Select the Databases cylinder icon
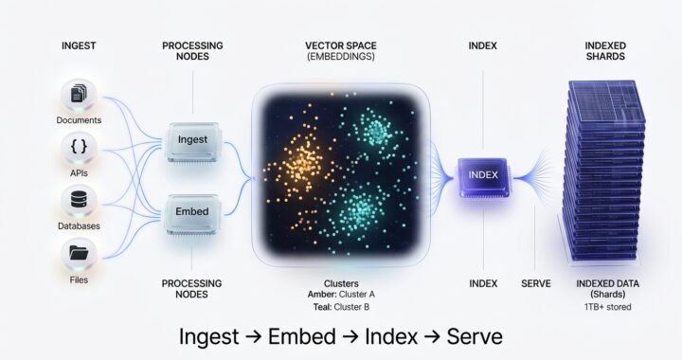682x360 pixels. pyautogui.click(x=78, y=201)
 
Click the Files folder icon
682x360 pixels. pyautogui.click(x=78, y=253)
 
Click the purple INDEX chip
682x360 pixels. pyautogui.click(x=484, y=174)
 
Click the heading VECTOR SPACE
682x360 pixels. pyautogui.click(x=340, y=45)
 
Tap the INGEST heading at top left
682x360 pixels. pyautogui.click(x=79, y=45)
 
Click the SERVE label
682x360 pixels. pyautogui.click(x=536, y=283)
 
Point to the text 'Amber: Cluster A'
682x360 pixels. pyautogui.click(x=340, y=295)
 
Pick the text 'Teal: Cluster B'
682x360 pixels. pyautogui.click(x=340, y=306)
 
